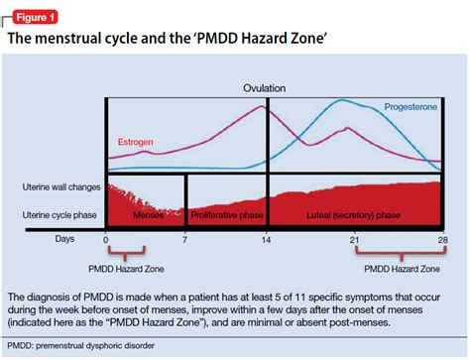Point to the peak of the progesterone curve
pyautogui.click(x=342, y=101)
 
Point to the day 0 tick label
pyautogui.click(x=106, y=240)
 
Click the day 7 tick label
pyautogui.click(x=185, y=240)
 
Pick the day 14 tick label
pyautogui.click(x=266, y=240)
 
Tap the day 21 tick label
pyautogui.click(x=354, y=240)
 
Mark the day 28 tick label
pyautogui.click(x=441, y=240)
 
